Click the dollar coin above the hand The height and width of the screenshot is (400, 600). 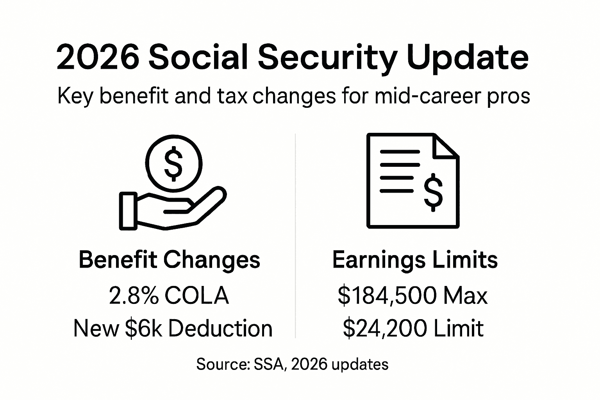(173, 163)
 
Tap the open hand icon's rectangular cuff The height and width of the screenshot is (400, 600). (128, 211)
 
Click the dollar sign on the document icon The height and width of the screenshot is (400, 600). (433, 192)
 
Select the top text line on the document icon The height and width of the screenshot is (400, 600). (400, 152)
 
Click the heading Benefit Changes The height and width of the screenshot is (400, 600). (170, 260)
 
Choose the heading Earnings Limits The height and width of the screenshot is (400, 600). (415, 260)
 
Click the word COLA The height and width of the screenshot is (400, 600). (196, 296)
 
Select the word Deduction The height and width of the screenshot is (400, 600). (221, 328)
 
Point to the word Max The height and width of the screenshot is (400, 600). (466, 296)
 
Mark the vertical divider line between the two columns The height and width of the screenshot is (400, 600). (295, 234)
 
